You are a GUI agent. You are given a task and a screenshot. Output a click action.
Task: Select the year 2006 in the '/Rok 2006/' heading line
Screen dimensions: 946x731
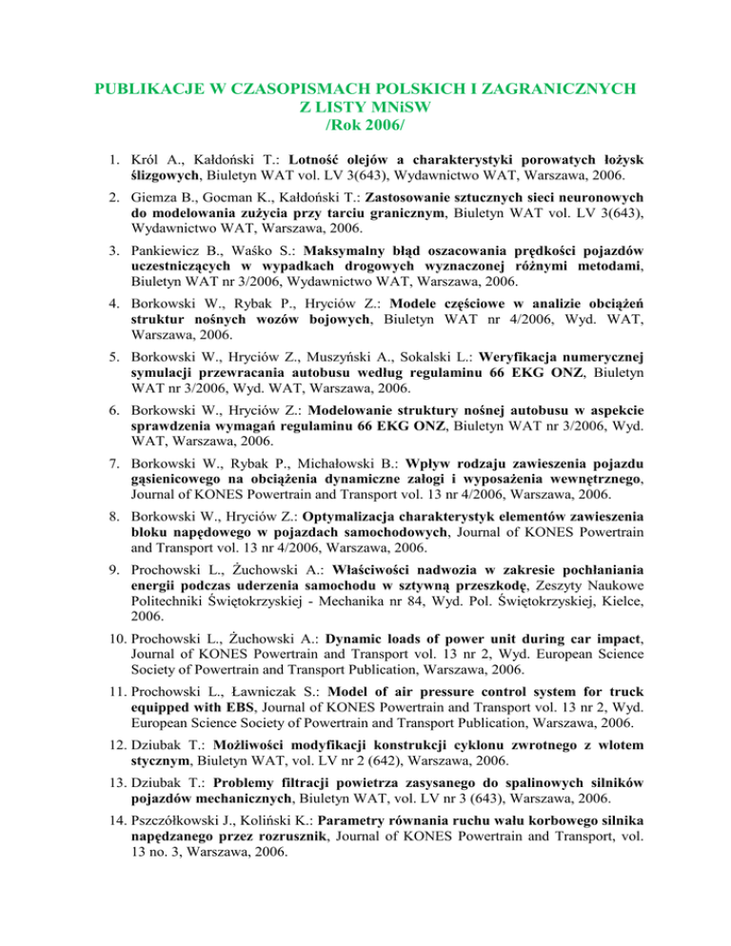pyautogui.click(x=385, y=124)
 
